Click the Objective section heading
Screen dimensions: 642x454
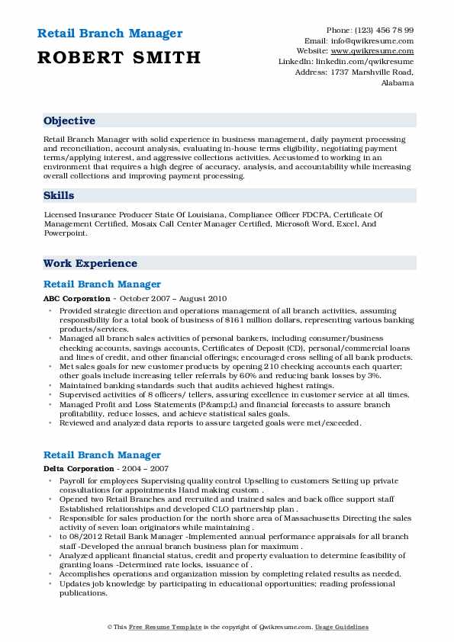[69, 121]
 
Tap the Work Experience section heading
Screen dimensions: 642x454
[90, 263]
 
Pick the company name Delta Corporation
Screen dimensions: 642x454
[79, 468]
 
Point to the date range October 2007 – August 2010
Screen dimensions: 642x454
[173, 298]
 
